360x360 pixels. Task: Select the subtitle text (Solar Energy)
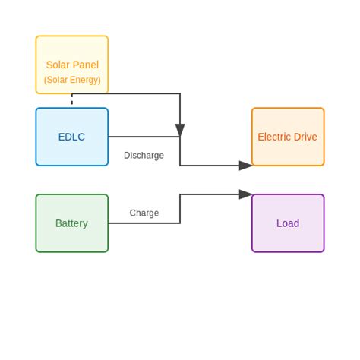coord(72,80)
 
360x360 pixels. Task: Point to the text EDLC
coord(71,137)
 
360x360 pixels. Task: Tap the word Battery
coord(71,223)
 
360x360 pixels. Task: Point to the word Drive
coord(305,137)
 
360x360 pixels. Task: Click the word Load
coord(288,223)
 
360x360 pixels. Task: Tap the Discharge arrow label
coord(144,156)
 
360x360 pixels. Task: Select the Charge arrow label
coord(144,213)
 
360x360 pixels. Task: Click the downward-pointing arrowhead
coord(180,130)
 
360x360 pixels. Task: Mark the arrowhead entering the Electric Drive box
coord(245,166)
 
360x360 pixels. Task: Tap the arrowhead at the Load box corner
coord(245,194)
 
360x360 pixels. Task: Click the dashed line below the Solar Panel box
coord(72,99)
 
